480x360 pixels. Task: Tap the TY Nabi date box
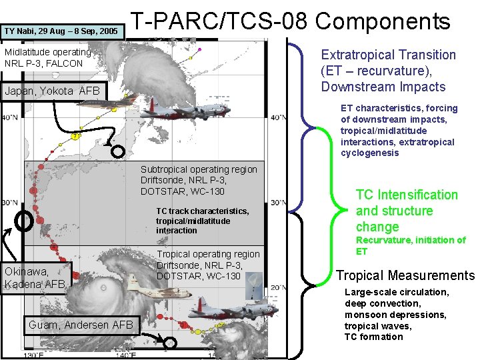point(61,31)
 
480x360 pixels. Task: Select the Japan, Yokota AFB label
point(52,91)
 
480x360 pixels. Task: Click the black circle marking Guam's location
point(170,343)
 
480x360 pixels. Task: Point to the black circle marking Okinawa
point(25,221)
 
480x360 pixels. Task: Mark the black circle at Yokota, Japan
point(117,151)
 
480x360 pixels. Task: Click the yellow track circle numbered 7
point(76,137)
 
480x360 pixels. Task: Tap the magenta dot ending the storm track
point(199,49)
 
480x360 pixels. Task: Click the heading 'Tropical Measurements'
point(405,275)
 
